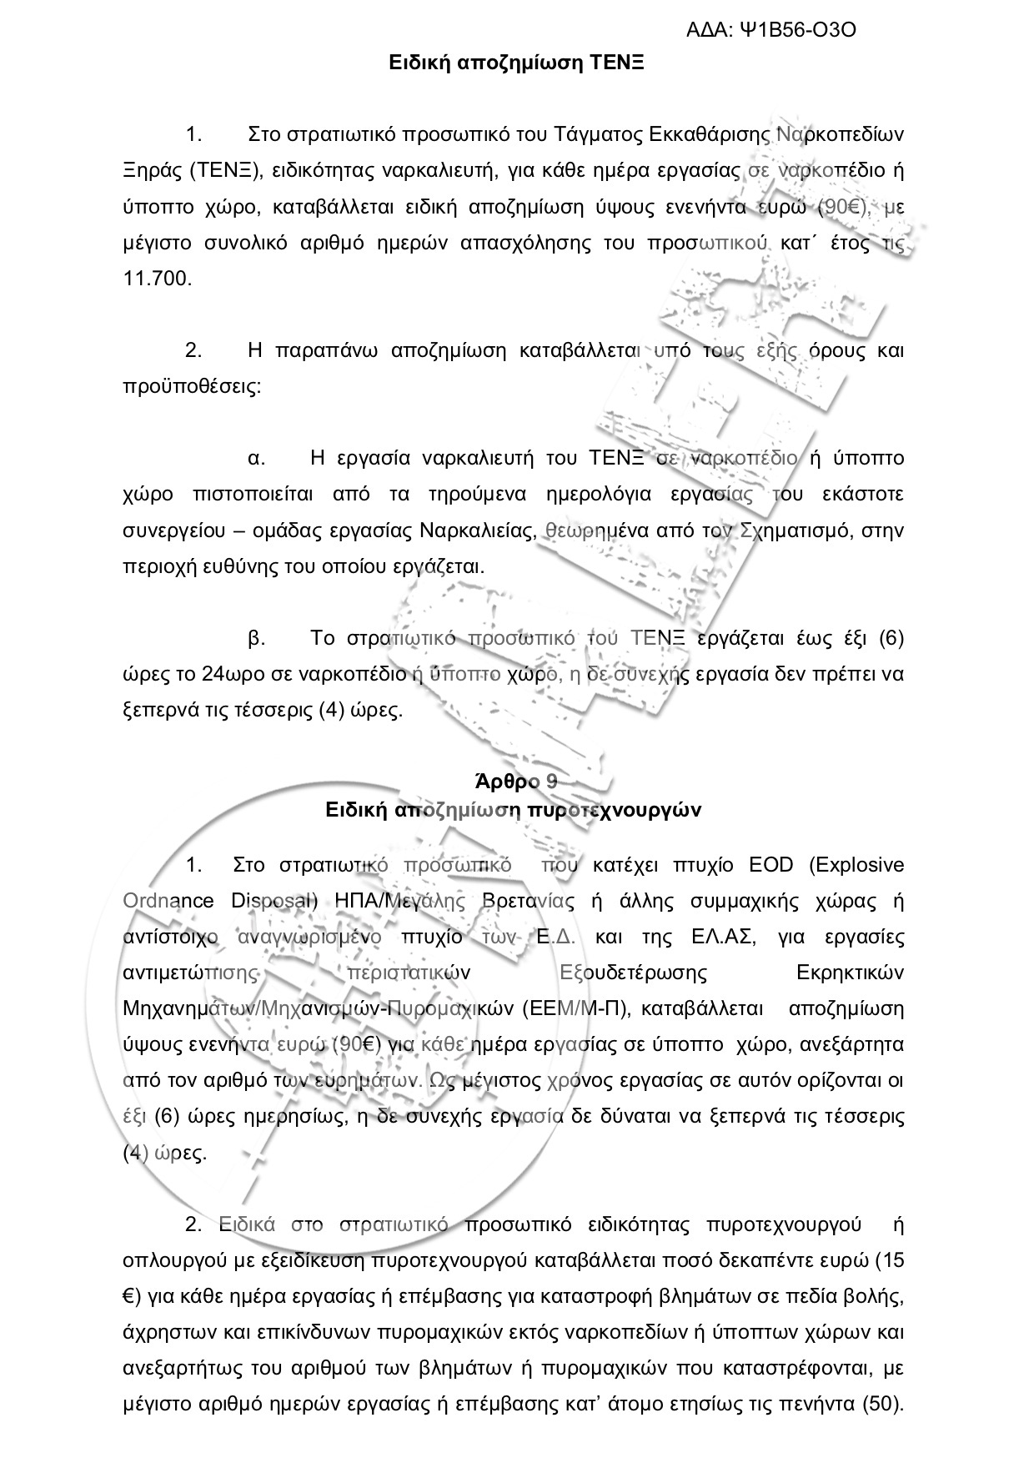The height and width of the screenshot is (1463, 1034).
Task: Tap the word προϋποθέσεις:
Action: point(192,387)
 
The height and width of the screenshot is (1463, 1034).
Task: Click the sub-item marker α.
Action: point(257,458)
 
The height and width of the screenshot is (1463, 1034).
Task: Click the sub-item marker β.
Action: point(257,638)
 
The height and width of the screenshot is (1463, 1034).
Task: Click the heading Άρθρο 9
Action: point(516,782)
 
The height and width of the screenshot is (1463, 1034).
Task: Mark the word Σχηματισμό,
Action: point(791,530)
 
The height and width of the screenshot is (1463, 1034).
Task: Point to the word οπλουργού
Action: point(163,1260)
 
